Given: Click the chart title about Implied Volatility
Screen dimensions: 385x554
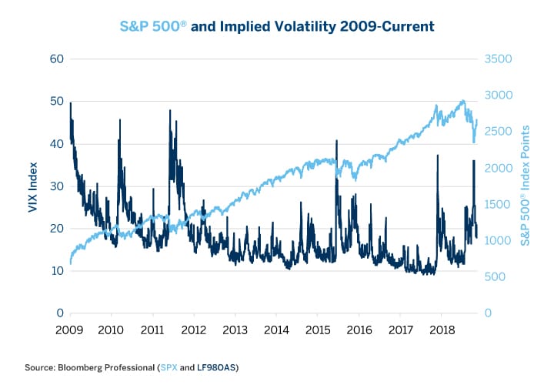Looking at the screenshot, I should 277,26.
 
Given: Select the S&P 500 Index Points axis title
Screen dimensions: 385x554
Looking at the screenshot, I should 525,186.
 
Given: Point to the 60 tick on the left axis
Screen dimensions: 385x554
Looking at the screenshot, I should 56,59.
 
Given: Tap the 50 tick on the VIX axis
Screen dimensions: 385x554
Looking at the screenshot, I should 56,101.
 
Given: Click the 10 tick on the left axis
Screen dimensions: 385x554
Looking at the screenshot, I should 56,271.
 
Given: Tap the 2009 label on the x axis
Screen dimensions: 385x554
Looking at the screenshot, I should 70,330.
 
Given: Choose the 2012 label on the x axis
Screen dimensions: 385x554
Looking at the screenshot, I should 194,330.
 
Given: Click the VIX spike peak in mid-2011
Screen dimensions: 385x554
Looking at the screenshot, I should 169,111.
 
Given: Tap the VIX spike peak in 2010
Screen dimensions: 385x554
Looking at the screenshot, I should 120,120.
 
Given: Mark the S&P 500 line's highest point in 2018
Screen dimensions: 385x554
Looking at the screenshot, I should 462,101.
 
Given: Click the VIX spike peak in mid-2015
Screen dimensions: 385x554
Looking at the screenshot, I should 337,141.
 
